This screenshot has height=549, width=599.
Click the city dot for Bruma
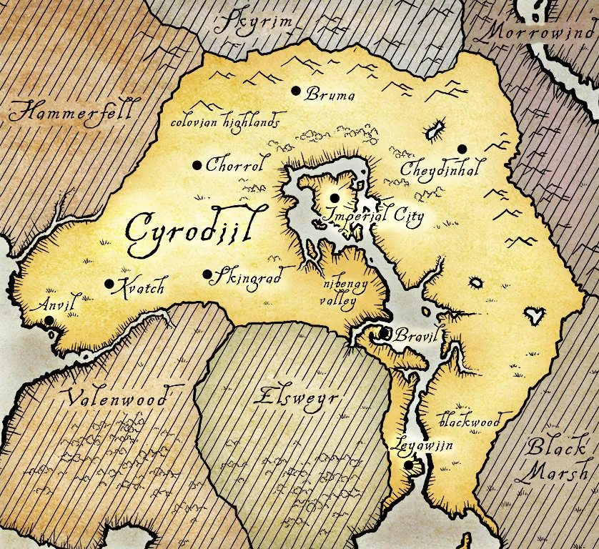pos(295,91)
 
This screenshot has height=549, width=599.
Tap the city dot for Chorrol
pos(197,165)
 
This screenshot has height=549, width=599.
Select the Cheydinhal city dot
pos(462,149)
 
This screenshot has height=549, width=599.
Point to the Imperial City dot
pos(334,197)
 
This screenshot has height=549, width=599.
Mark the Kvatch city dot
pos(109,284)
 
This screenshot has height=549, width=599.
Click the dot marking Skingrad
pos(207,274)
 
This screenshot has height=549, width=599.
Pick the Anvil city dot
pos(48,320)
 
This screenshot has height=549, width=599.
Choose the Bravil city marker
pos(385,332)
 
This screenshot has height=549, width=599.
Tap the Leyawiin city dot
pos(408,465)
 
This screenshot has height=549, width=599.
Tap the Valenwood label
pos(118,397)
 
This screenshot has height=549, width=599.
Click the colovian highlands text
pos(224,122)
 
